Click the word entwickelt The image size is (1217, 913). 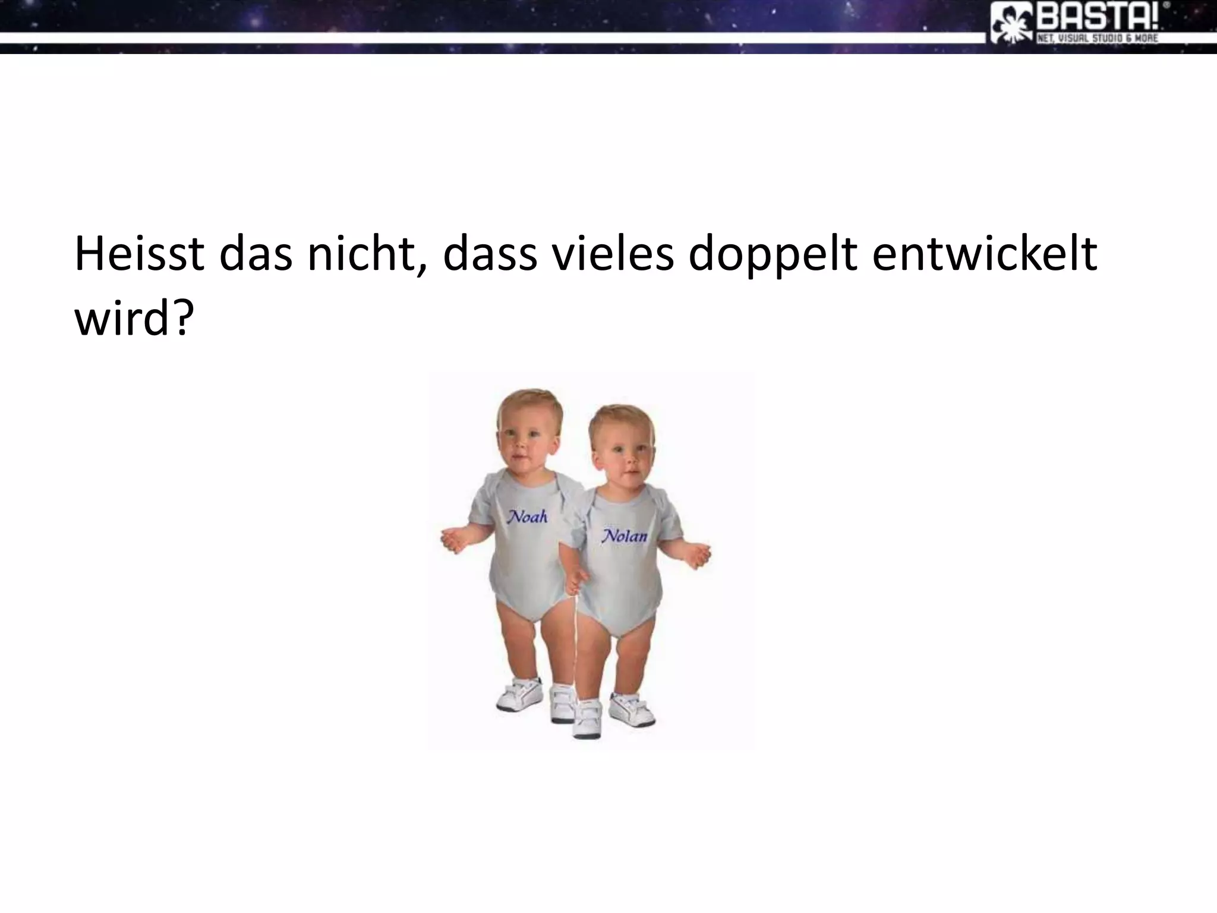[x=984, y=254]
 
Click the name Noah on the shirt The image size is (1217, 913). [x=526, y=517]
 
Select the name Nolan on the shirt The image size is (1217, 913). [x=624, y=536]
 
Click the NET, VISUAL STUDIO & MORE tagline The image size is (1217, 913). [x=1097, y=39]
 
